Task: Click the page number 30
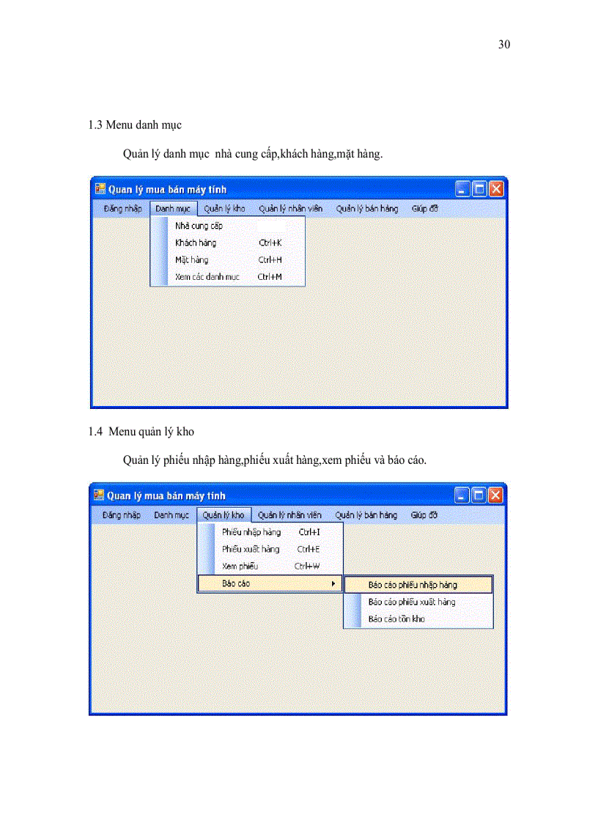click(x=503, y=45)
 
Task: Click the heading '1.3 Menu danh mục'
click(x=135, y=125)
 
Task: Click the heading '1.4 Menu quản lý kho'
click(x=141, y=432)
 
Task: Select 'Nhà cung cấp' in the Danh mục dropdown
click(x=199, y=226)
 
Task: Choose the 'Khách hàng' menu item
click(x=196, y=243)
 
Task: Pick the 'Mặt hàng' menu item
click(x=191, y=259)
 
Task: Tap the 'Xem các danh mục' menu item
click(x=207, y=277)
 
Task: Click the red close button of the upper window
click(x=496, y=189)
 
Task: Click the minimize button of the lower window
click(x=462, y=495)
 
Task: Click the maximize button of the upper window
click(x=479, y=189)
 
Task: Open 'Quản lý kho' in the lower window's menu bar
click(x=224, y=515)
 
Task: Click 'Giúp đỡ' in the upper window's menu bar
click(x=424, y=208)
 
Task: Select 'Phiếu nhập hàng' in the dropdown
click(x=251, y=532)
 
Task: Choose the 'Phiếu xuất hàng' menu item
click(x=251, y=549)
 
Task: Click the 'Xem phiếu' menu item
click(x=240, y=566)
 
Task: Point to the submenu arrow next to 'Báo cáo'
click(x=334, y=583)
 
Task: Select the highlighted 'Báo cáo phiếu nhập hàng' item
click(x=413, y=585)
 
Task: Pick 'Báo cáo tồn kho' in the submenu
click(x=396, y=619)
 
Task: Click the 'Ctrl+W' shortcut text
click(x=307, y=566)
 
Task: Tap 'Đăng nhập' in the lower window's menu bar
click(x=122, y=515)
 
